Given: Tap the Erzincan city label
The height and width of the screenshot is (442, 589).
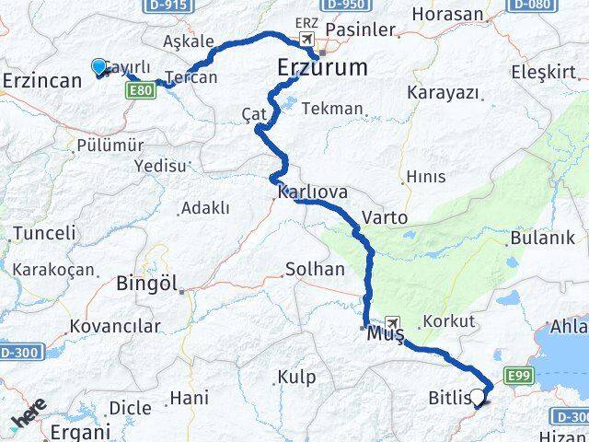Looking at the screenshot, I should pyautogui.click(x=42, y=81).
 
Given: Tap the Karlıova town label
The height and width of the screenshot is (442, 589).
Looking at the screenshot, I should pyautogui.click(x=312, y=192).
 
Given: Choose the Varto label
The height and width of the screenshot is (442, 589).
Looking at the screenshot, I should pyautogui.click(x=385, y=218).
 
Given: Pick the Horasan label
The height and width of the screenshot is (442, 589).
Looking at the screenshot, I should pyautogui.click(x=447, y=14).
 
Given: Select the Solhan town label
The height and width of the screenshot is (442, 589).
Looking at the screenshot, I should pyautogui.click(x=316, y=270).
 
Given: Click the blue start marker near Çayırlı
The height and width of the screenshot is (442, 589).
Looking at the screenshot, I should pyautogui.click(x=98, y=66).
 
